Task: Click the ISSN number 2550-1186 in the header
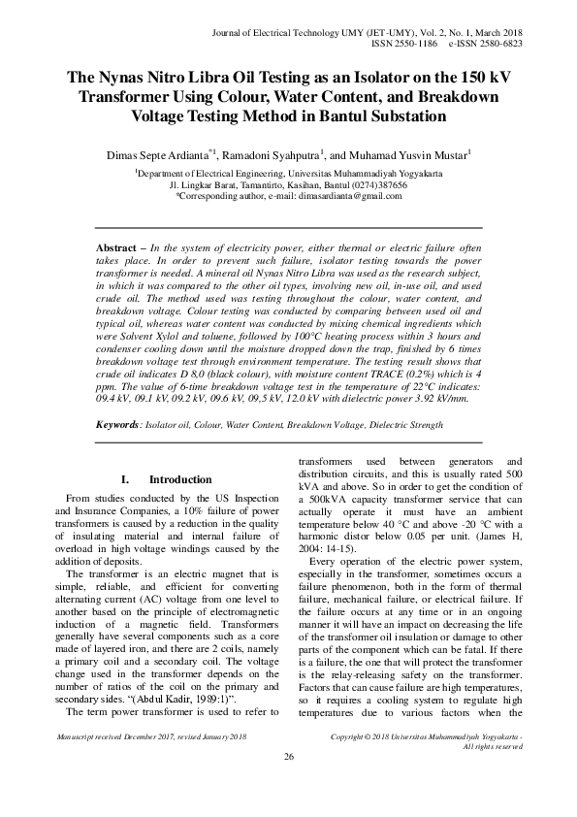(x=434, y=44)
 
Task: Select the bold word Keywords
(x=128, y=424)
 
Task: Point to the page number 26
(x=288, y=783)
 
